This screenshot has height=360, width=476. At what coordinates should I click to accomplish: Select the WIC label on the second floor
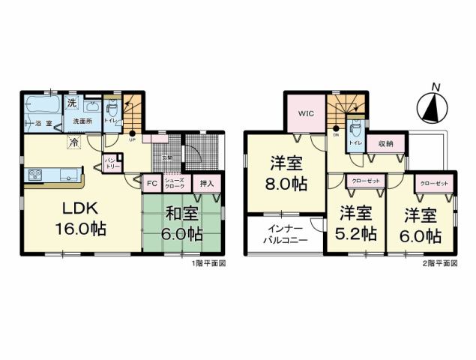(x=304, y=114)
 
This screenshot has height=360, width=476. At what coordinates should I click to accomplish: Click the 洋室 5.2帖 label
(x=356, y=223)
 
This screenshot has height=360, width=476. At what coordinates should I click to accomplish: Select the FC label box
(x=151, y=183)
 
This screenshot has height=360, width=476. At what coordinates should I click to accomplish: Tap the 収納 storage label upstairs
(x=385, y=142)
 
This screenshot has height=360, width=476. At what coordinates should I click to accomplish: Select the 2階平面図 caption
(x=441, y=263)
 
